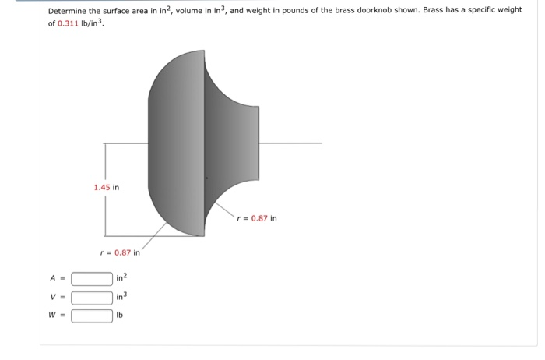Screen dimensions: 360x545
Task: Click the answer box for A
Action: click(x=92, y=278)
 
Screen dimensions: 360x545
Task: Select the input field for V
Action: click(x=92, y=297)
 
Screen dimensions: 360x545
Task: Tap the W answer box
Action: click(x=92, y=316)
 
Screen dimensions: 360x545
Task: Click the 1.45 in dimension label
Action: click(x=106, y=187)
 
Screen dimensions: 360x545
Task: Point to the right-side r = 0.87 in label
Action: click(x=257, y=218)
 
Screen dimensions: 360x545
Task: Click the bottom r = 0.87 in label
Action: click(x=121, y=252)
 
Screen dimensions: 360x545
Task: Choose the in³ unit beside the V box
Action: click(x=121, y=297)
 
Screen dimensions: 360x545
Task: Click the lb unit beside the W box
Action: click(x=120, y=316)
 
